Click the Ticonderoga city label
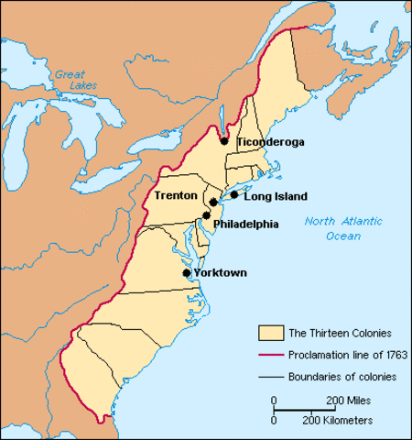[x=270, y=142]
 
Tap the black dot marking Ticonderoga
[x=224, y=141]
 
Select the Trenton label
[x=175, y=195]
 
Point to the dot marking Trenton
[x=212, y=202]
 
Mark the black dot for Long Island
[x=234, y=194]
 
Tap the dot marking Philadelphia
[x=207, y=214]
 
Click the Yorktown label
[x=221, y=272]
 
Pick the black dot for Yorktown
[x=187, y=272]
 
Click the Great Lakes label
[x=69, y=80]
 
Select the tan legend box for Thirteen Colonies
[x=270, y=333]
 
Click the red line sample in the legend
[x=270, y=355]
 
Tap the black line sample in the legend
[x=270, y=376]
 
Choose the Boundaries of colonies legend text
[x=342, y=376]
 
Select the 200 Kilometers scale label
[x=339, y=420]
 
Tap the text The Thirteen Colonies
[x=341, y=333]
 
